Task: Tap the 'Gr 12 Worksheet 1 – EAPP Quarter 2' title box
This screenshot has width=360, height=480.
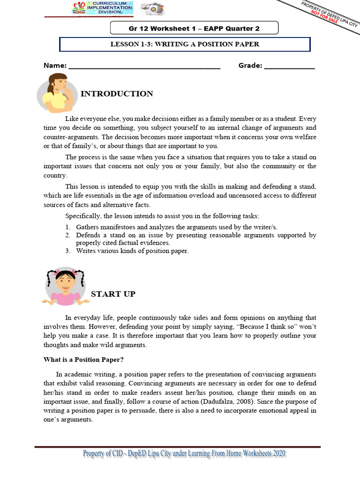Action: tap(194, 28)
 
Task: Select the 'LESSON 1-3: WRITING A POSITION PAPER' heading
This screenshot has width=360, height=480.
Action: tap(185, 45)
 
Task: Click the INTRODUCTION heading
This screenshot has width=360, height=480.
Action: tap(117, 94)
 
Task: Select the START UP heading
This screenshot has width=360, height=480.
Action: tap(113, 294)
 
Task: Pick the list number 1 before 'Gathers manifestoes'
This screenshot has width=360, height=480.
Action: tap(68, 227)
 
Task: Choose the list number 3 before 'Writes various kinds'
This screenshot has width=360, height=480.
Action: tap(68, 251)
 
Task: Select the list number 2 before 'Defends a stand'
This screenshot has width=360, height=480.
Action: tap(68, 235)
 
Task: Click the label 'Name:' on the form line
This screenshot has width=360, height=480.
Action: tap(55, 66)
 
